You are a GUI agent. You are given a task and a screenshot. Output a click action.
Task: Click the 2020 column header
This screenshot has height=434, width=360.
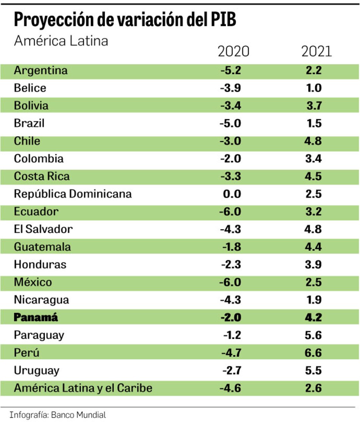(x=233, y=51)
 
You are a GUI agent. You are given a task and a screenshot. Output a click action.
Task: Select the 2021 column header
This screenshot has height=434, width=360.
(x=316, y=51)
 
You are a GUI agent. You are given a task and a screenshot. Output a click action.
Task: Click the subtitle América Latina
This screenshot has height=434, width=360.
(x=61, y=40)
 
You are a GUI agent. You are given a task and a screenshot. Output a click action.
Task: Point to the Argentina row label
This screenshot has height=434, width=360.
(x=41, y=71)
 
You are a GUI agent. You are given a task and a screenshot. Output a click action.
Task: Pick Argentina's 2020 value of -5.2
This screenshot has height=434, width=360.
(x=230, y=71)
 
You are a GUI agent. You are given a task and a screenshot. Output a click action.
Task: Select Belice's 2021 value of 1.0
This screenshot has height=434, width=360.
(x=313, y=88)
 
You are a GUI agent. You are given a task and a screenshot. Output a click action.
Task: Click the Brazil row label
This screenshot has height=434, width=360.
(x=29, y=123)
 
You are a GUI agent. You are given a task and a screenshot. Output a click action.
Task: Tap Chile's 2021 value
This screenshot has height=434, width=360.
(x=313, y=141)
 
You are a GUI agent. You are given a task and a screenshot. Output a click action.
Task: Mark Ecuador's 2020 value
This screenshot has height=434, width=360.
(x=230, y=211)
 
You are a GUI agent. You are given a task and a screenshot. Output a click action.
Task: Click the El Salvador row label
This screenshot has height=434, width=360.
(x=43, y=229)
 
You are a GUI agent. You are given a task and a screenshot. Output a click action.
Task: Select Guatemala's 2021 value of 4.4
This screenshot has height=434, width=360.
(x=313, y=247)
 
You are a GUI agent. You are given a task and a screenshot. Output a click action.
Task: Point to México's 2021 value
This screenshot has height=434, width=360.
(x=313, y=282)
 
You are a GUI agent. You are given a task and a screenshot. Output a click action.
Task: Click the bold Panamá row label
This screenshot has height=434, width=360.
(x=36, y=318)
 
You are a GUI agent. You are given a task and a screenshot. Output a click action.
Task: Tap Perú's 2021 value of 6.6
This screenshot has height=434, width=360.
(x=313, y=353)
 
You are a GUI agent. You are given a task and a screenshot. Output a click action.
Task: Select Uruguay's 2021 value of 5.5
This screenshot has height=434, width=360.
(x=313, y=370)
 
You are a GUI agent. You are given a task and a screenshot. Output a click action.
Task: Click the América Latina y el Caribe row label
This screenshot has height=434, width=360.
(x=83, y=388)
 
